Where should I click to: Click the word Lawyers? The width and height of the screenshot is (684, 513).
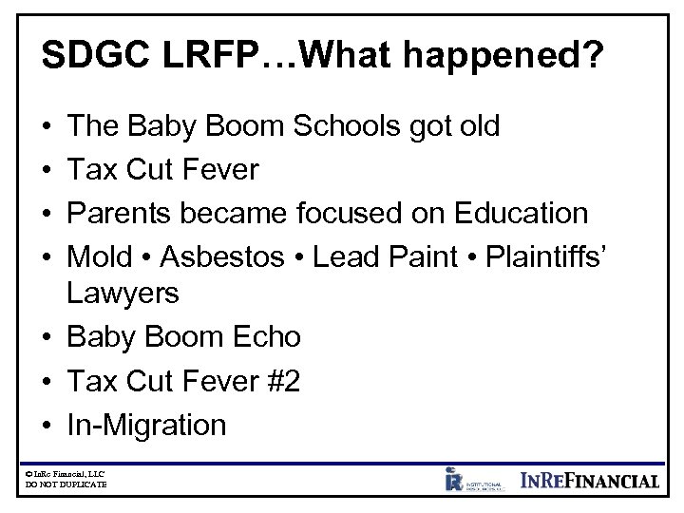click(123, 294)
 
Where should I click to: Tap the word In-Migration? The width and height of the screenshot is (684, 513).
click(147, 425)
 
